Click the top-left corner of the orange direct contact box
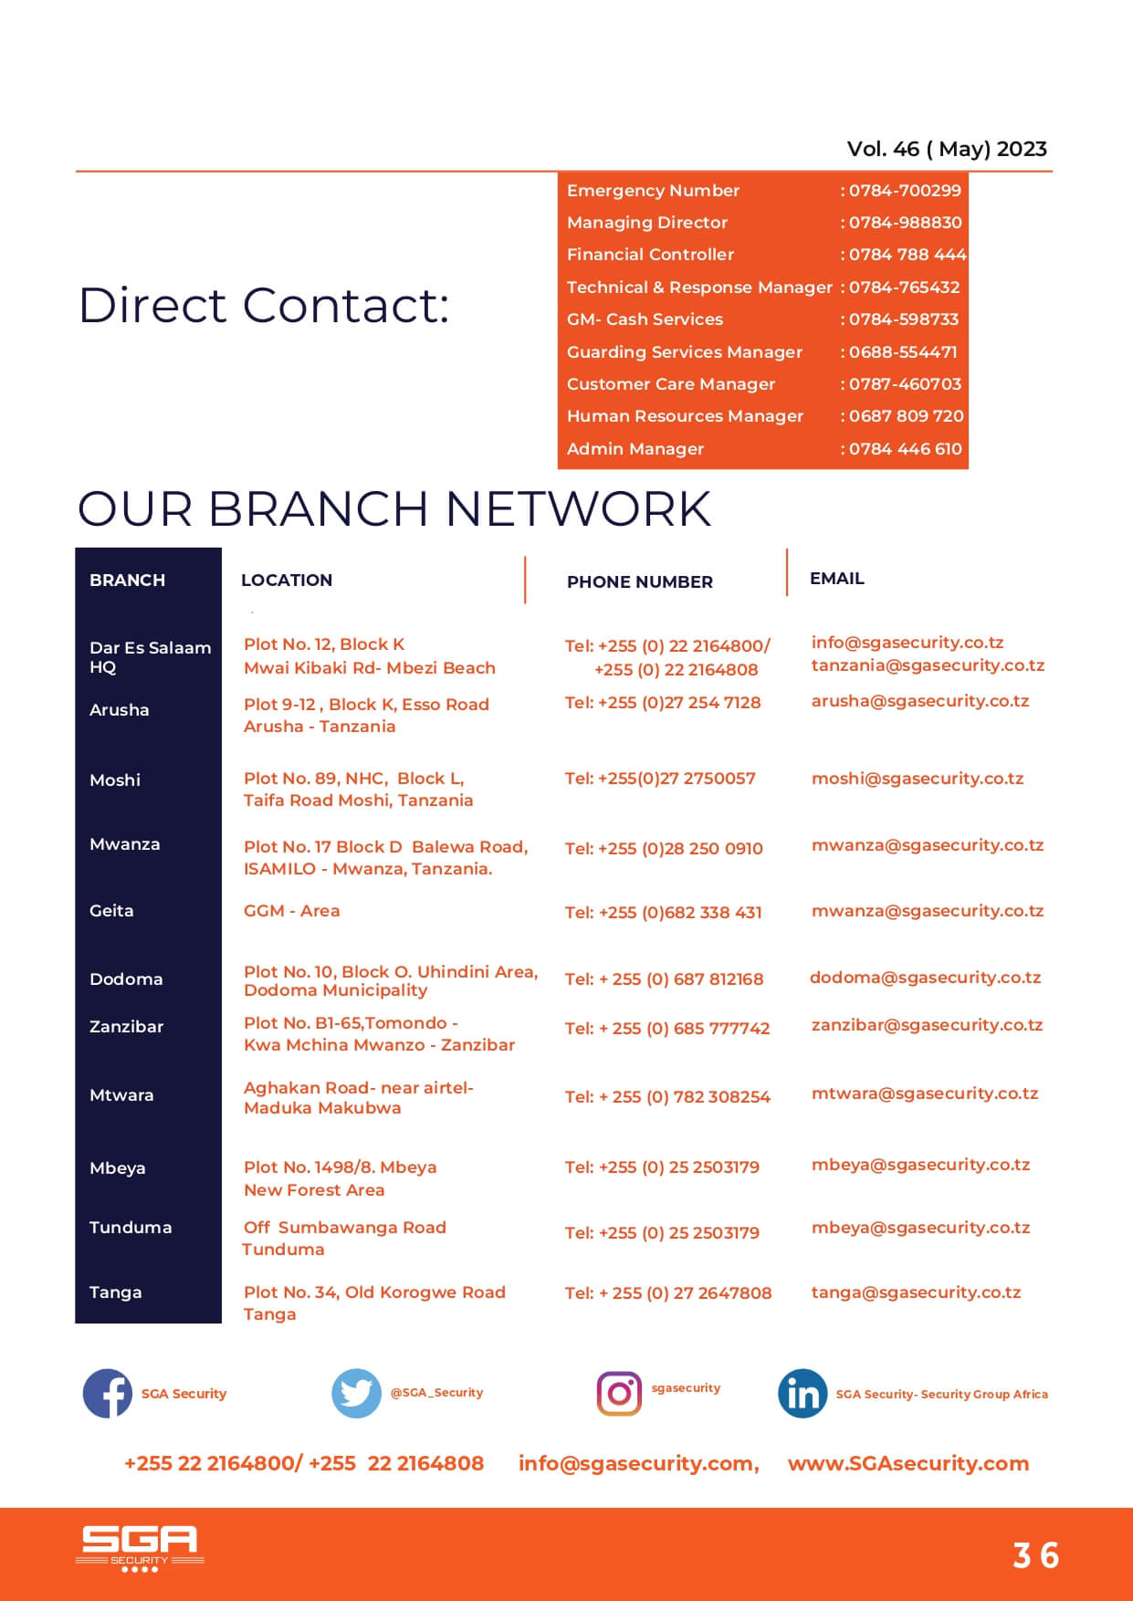click(x=558, y=173)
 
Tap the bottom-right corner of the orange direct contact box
click(x=969, y=469)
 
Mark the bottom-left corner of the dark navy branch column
click(x=75, y=1323)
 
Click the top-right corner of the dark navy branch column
click(x=222, y=548)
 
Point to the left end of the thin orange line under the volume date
click(x=76, y=171)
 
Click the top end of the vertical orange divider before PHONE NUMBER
click(x=525, y=556)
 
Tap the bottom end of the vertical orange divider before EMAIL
click(x=787, y=596)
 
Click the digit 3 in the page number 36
click(x=1023, y=1555)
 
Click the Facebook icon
click(x=108, y=1393)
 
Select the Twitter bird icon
click(x=356, y=1393)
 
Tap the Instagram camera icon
click(x=619, y=1393)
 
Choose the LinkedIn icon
click(x=803, y=1393)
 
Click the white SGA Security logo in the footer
click(x=140, y=1548)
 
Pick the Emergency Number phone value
click(x=905, y=191)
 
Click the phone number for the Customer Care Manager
click(x=905, y=384)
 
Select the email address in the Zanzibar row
click(x=927, y=1025)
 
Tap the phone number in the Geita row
click(x=663, y=912)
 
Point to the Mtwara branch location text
click(x=358, y=1097)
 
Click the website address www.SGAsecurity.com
click(x=908, y=1463)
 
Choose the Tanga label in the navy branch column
click(x=115, y=1292)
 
